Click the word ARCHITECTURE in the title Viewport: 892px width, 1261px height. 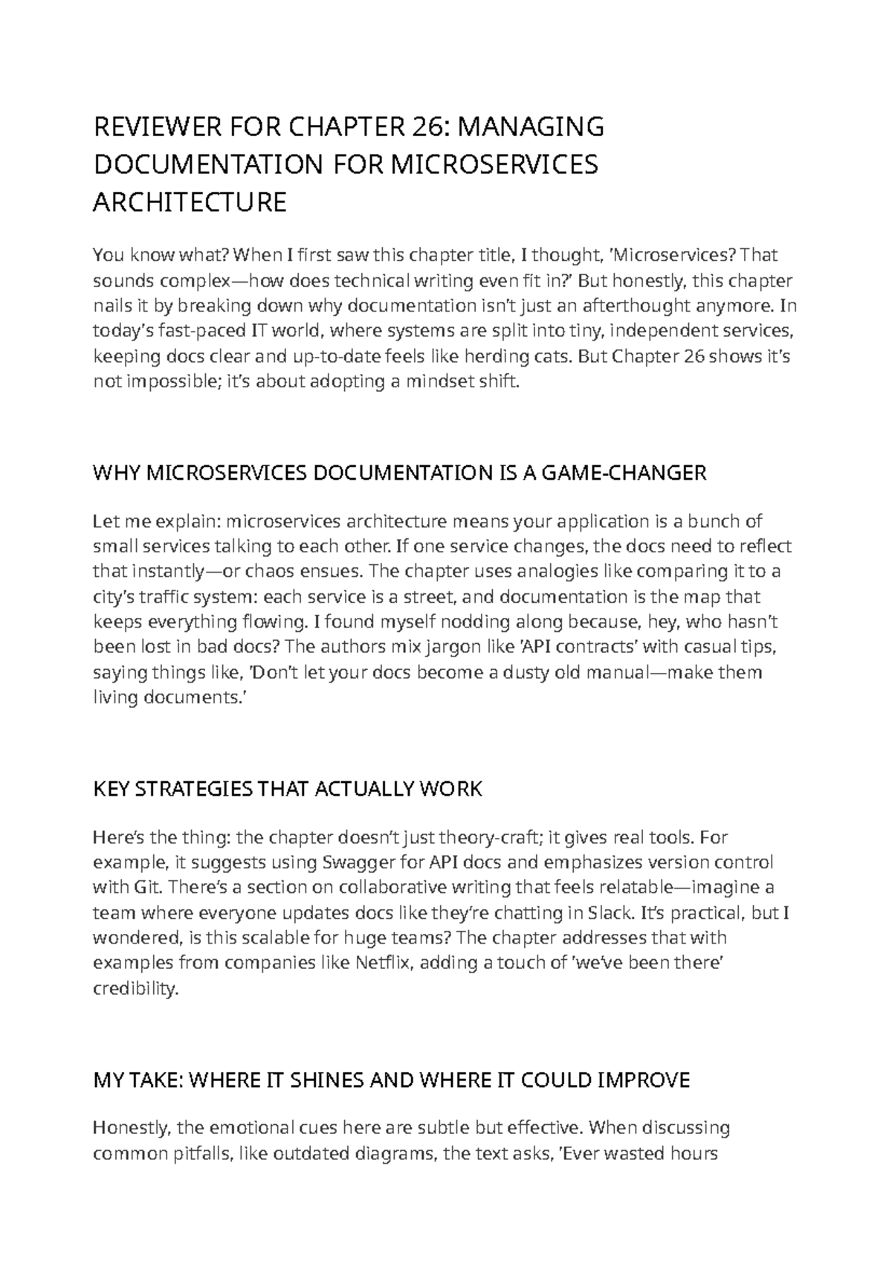tap(190, 202)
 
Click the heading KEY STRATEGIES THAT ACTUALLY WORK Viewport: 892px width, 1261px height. tap(288, 789)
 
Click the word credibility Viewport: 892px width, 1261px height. tap(136, 989)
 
